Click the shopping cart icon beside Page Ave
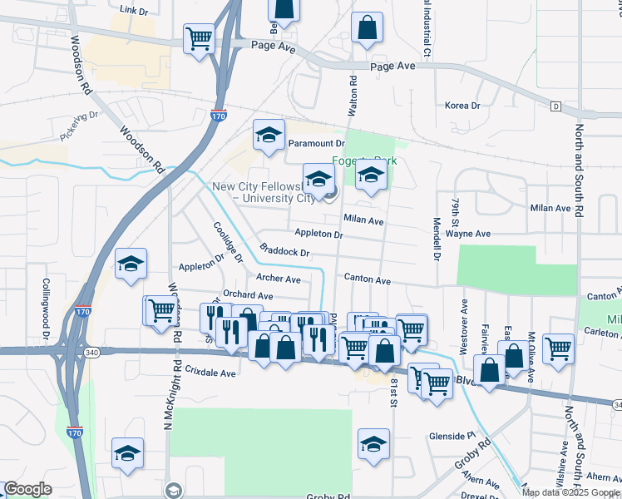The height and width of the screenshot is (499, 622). [200, 38]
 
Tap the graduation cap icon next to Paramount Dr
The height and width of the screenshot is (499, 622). [269, 136]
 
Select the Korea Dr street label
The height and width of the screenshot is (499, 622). [462, 106]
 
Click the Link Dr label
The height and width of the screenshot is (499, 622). [133, 10]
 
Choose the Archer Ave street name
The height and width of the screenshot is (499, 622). [279, 279]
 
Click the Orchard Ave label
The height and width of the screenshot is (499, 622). [248, 295]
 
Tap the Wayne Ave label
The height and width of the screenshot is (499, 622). [468, 235]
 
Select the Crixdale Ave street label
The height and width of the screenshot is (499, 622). [211, 373]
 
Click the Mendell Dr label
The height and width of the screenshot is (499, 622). [437, 238]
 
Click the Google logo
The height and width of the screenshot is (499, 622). [27, 489]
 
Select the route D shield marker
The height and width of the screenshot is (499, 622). [555, 106]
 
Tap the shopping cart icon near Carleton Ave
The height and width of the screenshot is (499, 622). [558, 349]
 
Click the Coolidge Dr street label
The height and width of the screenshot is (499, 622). [228, 242]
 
